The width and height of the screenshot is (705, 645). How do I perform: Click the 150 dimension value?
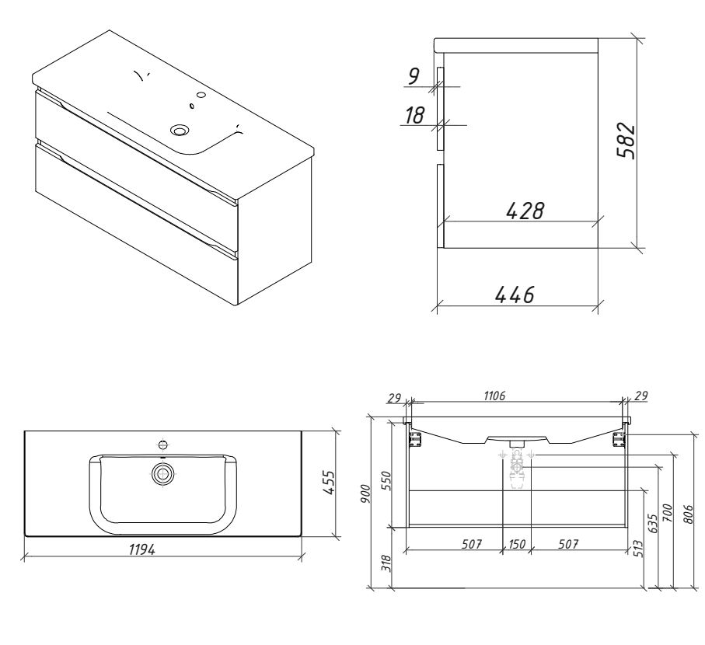pyautogui.click(x=516, y=543)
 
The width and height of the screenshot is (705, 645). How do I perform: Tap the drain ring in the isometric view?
pyautogui.click(x=182, y=131)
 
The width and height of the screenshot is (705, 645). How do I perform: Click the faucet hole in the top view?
pyautogui.click(x=163, y=445)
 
